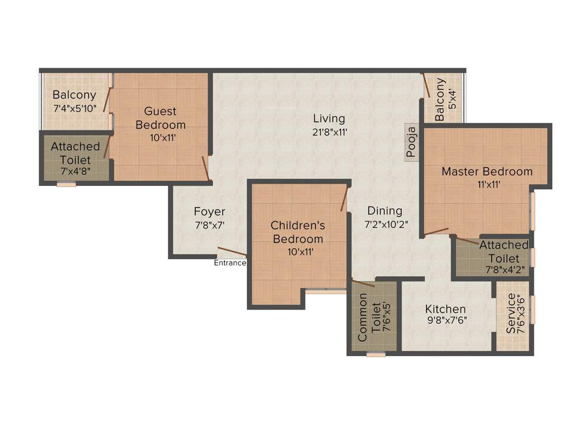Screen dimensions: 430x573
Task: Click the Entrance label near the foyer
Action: (x=230, y=263)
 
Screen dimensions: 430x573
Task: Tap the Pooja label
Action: (x=412, y=143)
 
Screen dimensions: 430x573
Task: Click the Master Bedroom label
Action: (x=487, y=171)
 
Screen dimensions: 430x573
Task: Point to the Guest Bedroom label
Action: (x=161, y=118)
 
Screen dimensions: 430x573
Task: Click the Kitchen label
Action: (x=445, y=309)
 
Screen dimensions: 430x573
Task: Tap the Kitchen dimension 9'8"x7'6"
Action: (x=445, y=322)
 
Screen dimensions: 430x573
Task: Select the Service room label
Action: (x=511, y=315)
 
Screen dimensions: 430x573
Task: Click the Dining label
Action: (x=385, y=211)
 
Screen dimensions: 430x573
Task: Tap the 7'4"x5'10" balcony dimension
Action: (x=74, y=109)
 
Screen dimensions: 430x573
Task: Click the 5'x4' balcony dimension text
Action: (x=453, y=99)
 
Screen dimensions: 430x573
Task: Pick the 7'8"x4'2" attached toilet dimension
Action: (x=504, y=270)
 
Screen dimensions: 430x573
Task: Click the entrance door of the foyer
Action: (x=232, y=253)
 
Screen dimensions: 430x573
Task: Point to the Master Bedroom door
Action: (x=436, y=231)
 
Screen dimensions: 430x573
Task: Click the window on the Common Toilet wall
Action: (x=375, y=354)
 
